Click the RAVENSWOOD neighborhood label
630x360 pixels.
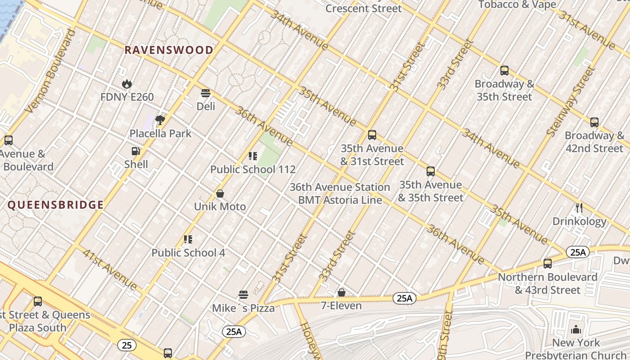click(169, 50)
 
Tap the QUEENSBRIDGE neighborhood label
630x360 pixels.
click(56, 205)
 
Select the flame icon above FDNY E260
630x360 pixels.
click(127, 84)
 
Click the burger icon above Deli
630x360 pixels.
click(206, 93)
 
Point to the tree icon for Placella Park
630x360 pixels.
click(160, 120)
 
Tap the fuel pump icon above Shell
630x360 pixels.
click(135, 151)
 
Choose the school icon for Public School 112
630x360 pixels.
click(253, 156)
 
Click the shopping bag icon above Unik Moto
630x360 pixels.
click(220, 193)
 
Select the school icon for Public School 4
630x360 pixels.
click(188, 239)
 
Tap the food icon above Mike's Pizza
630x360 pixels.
click(243, 295)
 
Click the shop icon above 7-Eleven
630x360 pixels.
click(342, 292)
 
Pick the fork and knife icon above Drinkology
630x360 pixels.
click(579, 208)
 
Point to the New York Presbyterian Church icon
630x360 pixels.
click(576, 330)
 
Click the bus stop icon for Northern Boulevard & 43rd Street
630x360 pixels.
click(548, 264)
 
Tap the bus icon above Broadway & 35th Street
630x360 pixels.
click(504, 71)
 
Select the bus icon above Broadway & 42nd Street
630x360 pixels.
click(594, 122)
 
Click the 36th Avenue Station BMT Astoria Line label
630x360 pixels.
click(340, 193)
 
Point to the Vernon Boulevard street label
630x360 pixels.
click(51, 71)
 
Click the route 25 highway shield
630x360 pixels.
click(127, 345)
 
